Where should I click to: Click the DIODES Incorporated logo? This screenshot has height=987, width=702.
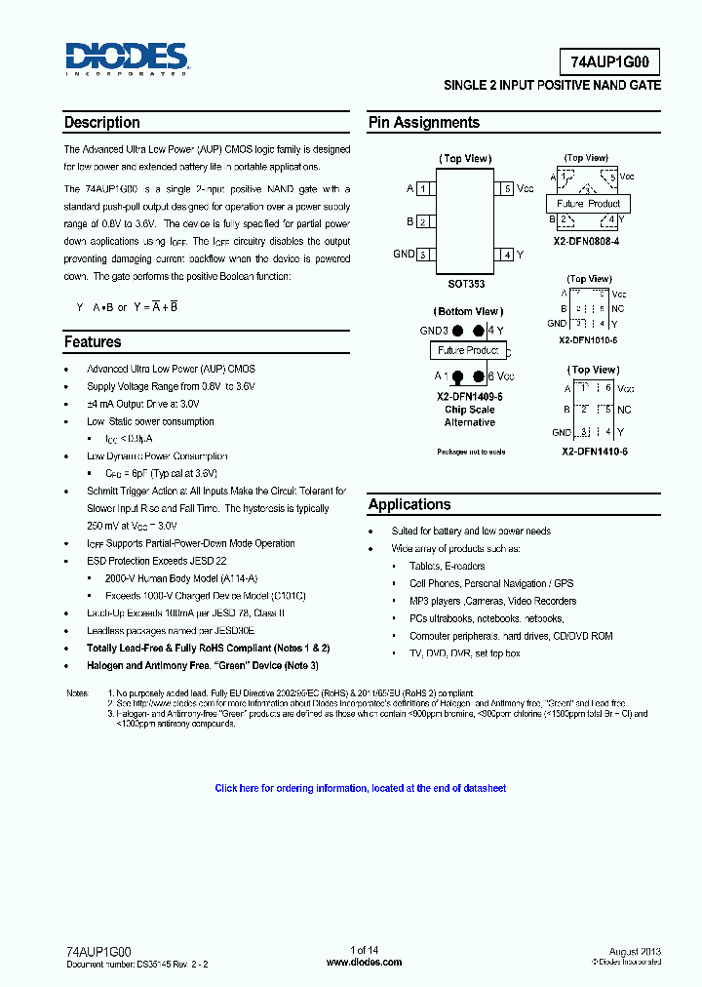(x=126, y=59)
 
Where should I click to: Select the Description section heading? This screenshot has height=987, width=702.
(x=101, y=123)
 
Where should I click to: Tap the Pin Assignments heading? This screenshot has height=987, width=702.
(x=423, y=123)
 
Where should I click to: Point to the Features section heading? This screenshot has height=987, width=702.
(x=93, y=342)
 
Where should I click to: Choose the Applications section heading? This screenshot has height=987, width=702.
(x=409, y=504)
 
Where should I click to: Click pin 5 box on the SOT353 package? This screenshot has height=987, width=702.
(x=506, y=188)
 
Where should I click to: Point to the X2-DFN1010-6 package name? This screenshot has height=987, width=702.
(x=588, y=340)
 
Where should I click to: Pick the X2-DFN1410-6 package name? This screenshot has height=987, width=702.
(x=594, y=452)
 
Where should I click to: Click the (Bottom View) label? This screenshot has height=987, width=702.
(x=468, y=312)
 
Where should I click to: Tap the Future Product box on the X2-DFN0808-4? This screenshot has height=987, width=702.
(x=588, y=204)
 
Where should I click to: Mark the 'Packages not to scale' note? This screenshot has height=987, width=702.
(x=471, y=452)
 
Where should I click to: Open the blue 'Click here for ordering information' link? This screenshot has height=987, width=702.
(x=360, y=788)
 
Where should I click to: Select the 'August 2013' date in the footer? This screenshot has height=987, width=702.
(x=636, y=950)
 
